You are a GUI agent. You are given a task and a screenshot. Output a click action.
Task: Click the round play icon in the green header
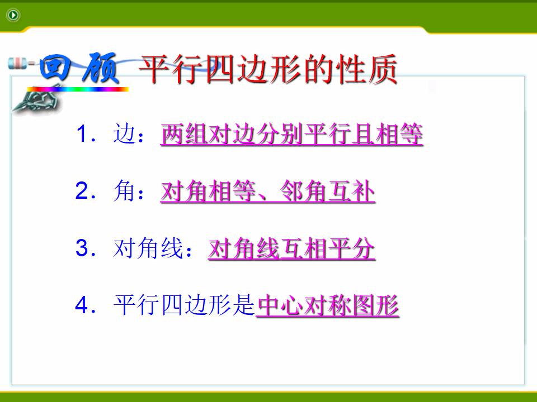13,15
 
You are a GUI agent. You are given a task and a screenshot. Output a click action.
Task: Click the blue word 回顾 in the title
79,68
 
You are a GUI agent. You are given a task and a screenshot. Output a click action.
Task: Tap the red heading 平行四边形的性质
268,69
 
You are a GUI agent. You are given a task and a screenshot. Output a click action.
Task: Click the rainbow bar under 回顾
78,89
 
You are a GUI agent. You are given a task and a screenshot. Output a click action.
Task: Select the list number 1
82,133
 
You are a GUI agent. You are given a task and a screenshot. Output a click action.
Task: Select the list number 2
82,190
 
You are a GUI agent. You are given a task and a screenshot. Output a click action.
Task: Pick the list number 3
82,247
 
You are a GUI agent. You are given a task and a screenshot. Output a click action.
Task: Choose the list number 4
82,305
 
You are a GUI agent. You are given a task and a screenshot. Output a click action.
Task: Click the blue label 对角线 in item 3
148,247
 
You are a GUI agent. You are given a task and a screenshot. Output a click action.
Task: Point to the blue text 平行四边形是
184,305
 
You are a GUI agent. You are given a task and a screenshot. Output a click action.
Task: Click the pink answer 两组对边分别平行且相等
292,134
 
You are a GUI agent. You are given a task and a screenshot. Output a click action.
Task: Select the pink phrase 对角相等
208,191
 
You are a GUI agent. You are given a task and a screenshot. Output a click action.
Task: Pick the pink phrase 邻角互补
327,191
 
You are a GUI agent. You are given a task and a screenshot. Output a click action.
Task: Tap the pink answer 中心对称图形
328,305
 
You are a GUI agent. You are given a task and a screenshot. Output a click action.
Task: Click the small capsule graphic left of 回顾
17,64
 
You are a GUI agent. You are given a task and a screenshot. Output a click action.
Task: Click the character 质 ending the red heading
383,69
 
